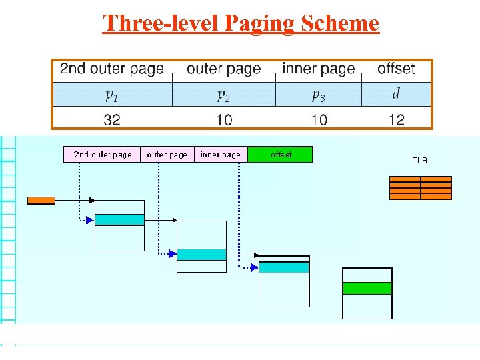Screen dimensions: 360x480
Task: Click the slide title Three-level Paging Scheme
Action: [x=241, y=23]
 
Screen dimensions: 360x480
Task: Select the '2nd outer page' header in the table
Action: [x=111, y=69]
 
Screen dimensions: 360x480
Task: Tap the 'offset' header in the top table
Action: [x=396, y=69]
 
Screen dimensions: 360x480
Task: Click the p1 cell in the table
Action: [x=111, y=95]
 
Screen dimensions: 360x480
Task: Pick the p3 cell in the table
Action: [x=319, y=95]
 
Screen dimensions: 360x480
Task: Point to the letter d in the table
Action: [x=396, y=94]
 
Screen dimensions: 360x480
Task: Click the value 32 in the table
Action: [x=111, y=120]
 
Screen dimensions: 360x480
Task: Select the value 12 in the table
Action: [x=396, y=120]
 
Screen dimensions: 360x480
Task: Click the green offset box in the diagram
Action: [x=280, y=155]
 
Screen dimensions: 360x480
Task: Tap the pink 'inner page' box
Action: [x=221, y=155]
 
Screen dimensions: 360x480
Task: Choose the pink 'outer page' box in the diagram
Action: [x=167, y=155]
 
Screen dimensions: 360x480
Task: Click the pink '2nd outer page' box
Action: [x=102, y=155]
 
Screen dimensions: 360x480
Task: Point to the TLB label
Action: [x=419, y=161]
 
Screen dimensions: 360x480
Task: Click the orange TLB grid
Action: [x=420, y=188]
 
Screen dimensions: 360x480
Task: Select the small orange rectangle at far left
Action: [x=41, y=200]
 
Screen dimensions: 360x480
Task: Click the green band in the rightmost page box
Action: [x=367, y=288]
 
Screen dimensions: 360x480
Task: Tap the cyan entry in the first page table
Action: [x=119, y=219]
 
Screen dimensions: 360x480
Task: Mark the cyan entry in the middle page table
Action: [x=201, y=254]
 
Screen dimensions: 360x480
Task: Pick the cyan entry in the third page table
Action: [x=284, y=267]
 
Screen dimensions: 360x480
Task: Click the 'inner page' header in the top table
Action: [x=319, y=69]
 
